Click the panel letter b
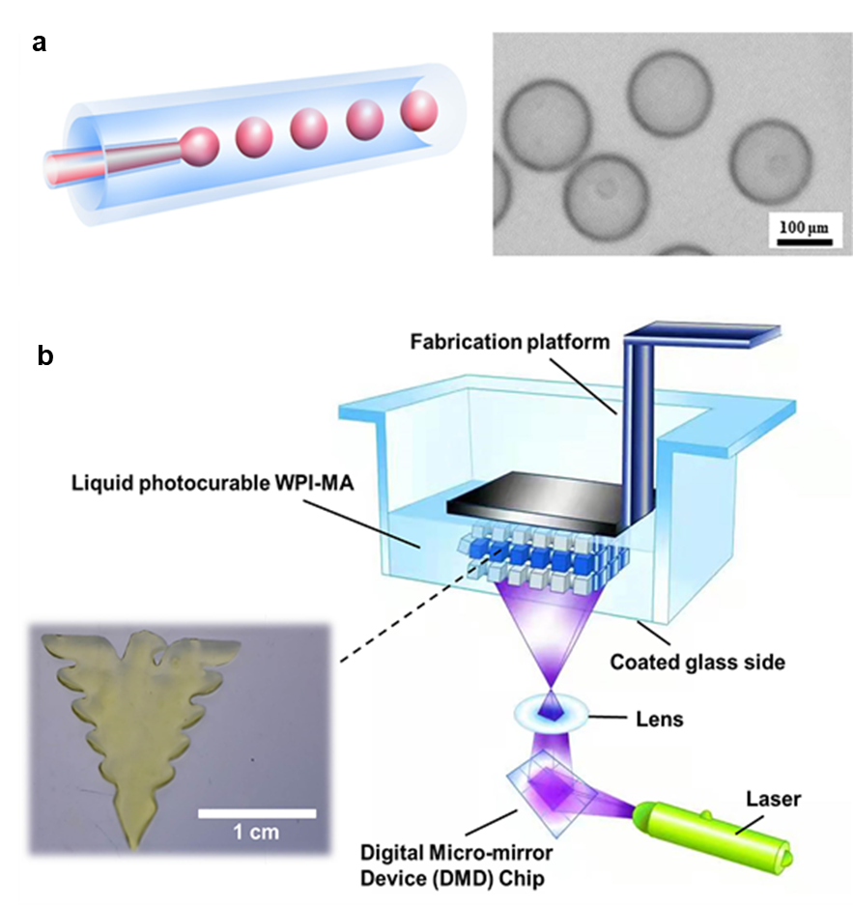[x=44, y=355]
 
